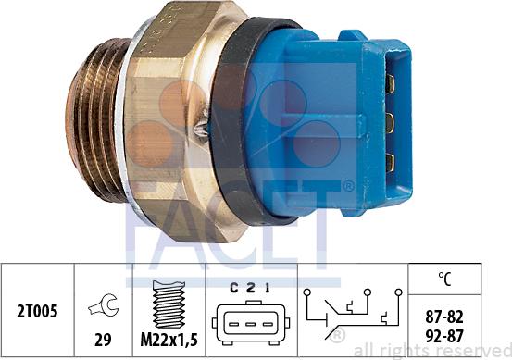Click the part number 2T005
(37, 311)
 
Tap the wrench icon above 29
(103, 305)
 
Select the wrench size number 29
(103, 340)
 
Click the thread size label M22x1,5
(169, 340)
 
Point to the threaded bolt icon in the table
(169, 304)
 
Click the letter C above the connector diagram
(234, 288)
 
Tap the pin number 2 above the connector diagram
(250, 288)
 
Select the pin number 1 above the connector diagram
(268, 288)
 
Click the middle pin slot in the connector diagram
(250, 324)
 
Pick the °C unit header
(444, 279)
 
